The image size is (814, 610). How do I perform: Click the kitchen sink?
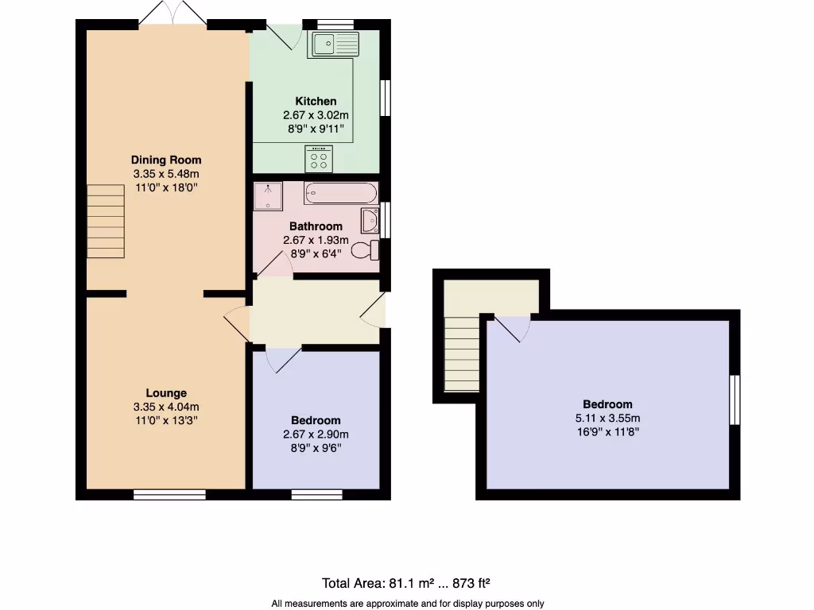(x=335, y=44)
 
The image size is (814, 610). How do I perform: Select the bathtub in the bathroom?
(x=341, y=192)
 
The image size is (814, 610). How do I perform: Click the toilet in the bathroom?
(x=366, y=250)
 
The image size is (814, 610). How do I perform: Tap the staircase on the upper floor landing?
(x=462, y=353)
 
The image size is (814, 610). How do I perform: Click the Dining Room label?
(x=166, y=160)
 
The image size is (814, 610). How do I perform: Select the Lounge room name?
(x=166, y=392)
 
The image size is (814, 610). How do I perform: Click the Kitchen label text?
(x=316, y=101)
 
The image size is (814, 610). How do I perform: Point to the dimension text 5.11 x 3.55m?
(x=607, y=418)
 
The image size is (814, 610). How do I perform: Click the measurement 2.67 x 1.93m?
(x=316, y=241)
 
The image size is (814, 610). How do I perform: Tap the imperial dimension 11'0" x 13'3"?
(x=166, y=421)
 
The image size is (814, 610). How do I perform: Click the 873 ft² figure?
(x=475, y=583)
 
